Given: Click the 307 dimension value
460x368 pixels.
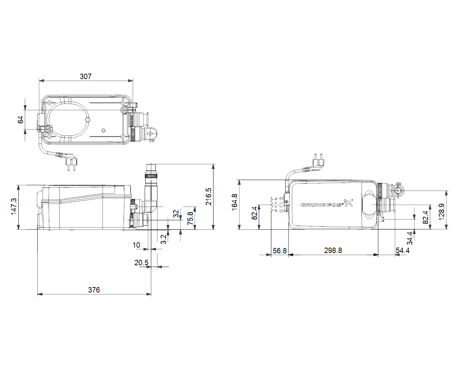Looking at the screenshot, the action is coord(86,76).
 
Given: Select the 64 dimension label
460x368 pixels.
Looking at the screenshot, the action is coord(20,120).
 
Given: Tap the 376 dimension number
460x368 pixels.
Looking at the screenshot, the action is coord(94,290).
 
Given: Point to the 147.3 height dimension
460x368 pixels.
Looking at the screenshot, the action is coord(13,206).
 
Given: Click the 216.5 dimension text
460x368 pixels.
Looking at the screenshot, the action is coord(208,197).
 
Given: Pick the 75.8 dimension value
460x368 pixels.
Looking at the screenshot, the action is coord(190,218).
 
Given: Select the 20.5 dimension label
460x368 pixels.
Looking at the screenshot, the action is coord(141,263).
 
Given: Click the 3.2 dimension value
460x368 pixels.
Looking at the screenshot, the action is coord(164,239).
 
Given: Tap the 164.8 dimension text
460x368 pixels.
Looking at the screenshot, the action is coord(234,202).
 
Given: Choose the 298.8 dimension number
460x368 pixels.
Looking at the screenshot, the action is coord(333,250).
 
